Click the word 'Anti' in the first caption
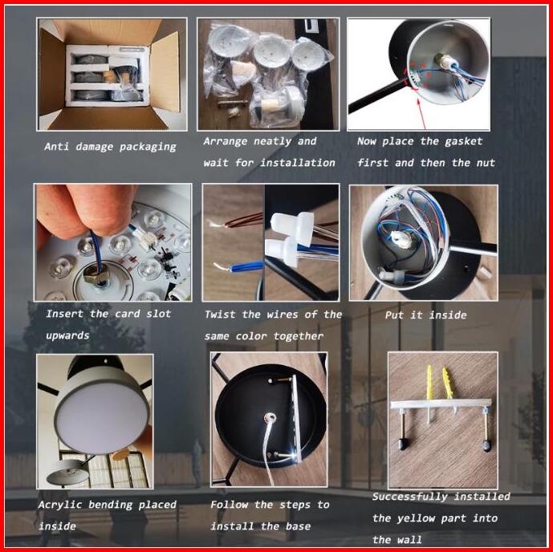pos(56,146)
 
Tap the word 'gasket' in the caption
pos(463,141)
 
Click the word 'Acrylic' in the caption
pos(60,505)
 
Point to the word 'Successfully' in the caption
pos(410,497)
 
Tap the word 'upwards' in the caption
pos(67,335)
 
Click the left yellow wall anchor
pos(429,383)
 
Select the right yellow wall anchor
pos(447,384)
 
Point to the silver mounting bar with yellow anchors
pos(441,404)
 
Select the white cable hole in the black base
pos(270,418)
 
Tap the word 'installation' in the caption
pos(298,163)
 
